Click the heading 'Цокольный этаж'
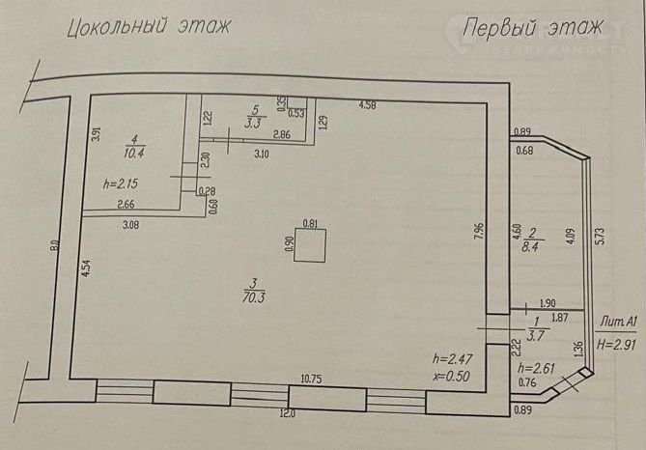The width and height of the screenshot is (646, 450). (x=149, y=27)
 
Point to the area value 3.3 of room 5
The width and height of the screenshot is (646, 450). (x=254, y=123)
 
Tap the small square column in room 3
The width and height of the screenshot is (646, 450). (x=310, y=245)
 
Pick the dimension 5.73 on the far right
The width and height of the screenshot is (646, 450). (x=601, y=237)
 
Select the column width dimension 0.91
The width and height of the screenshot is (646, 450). (x=310, y=224)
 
